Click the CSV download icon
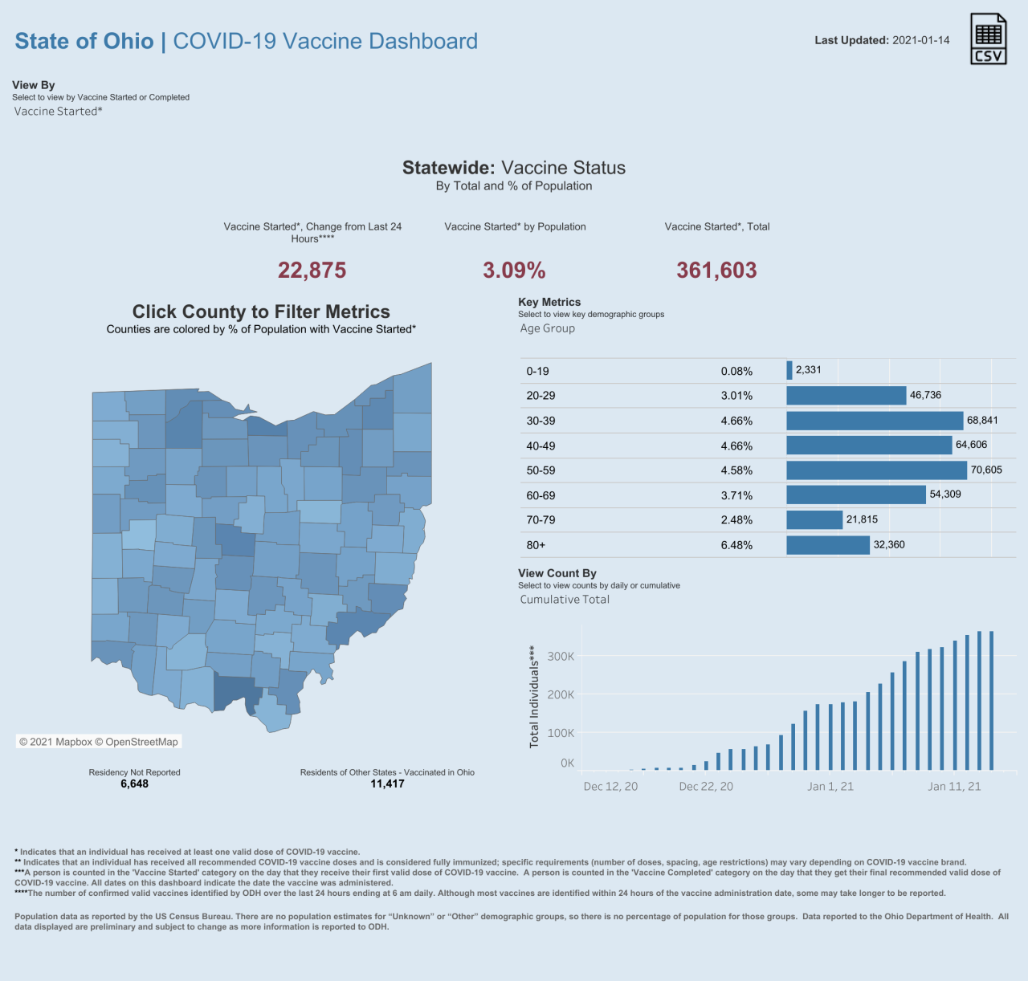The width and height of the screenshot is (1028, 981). pos(989,39)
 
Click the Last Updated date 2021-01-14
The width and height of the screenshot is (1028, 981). pos(920,41)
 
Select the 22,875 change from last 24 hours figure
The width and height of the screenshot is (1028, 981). pos(312,271)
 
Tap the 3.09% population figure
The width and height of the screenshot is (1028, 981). pos(514,271)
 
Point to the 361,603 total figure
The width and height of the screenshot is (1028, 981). pos(717,271)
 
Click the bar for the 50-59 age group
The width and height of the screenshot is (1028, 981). pos(876,470)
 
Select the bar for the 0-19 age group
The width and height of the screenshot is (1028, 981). pos(789,371)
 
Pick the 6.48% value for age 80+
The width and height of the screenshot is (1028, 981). pos(736,545)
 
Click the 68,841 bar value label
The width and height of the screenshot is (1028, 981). pos(982,421)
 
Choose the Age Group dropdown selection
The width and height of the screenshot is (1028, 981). pos(547,328)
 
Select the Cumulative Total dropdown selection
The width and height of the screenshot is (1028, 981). pos(565,599)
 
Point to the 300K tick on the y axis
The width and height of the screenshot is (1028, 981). pos(561,657)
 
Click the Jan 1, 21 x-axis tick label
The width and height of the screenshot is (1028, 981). pos(830,786)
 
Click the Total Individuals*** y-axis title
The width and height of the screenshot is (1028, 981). pos(534,697)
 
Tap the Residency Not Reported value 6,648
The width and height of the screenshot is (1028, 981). pos(134,784)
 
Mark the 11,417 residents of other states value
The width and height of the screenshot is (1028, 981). pos(387,784)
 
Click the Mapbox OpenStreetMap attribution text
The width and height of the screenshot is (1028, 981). pos(98,742)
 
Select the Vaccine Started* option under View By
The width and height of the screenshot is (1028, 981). pos(58,112)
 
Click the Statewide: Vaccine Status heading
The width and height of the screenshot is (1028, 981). pos(514,168)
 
